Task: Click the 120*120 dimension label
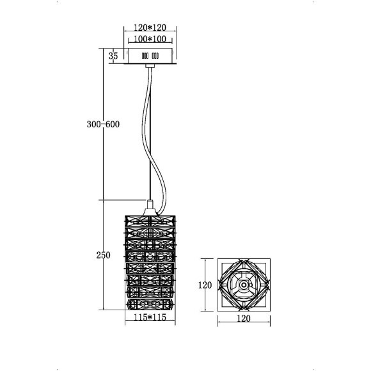(x=150, y=28)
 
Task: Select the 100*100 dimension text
(x=150, y=39)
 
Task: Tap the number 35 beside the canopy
(x=114, y=56)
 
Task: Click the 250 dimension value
(x=103, y=255)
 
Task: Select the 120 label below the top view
(x=244, y=317)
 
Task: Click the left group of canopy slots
(x=136, y=56)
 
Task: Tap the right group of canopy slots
(x=154, y=56)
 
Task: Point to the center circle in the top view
(x=244, y=285)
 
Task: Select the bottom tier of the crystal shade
(x=150, y=301)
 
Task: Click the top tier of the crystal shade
(x=150, y=221)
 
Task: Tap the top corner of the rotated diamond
(x=244, y=260)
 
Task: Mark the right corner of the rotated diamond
(x=268, y=285)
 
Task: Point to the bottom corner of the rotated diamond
(x=244, y=309)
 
